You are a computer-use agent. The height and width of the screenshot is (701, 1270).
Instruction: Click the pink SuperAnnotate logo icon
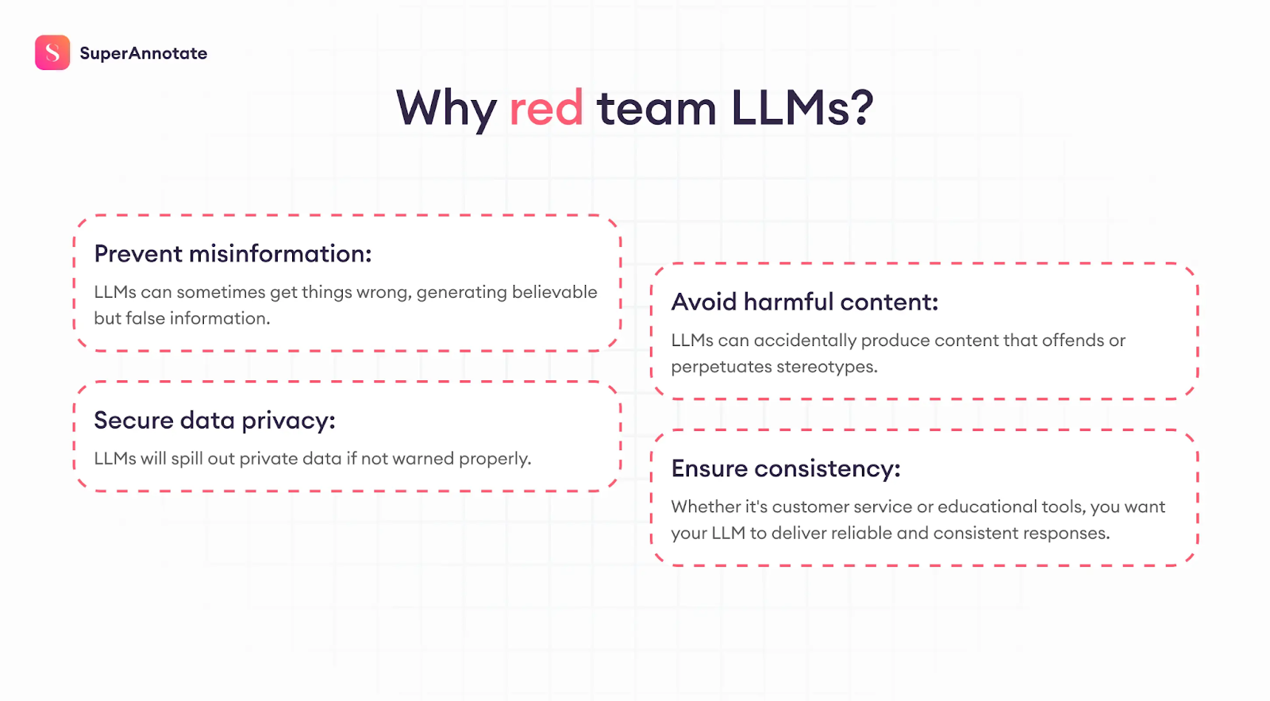pyautogui.click(x=52, y=52)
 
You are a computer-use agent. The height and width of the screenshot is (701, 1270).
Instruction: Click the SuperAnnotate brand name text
pyautogui.click(x=144, y=53)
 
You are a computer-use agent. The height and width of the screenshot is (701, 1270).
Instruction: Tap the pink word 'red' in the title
pyautogui.click(x=546, y=108)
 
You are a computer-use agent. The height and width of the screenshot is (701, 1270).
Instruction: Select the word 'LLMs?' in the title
pyautogui.click(x=802, y=108)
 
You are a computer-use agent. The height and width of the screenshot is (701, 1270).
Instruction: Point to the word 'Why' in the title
pyautogui.click(x=446, y=110)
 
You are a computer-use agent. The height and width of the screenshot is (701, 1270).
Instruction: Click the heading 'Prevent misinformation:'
pyautogui.click(x=233, y=253)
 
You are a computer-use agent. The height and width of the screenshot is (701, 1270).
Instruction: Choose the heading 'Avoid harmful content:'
pyautogui.click(x=805, y=302)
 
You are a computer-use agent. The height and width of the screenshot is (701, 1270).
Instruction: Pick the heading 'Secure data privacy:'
pyautogui.click(x=214, y=420)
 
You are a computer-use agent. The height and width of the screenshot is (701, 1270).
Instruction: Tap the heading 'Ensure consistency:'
pyautogui.click(x=786, y=468)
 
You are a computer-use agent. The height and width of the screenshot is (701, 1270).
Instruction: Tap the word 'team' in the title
pyautogui.click(x=656, y=108)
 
